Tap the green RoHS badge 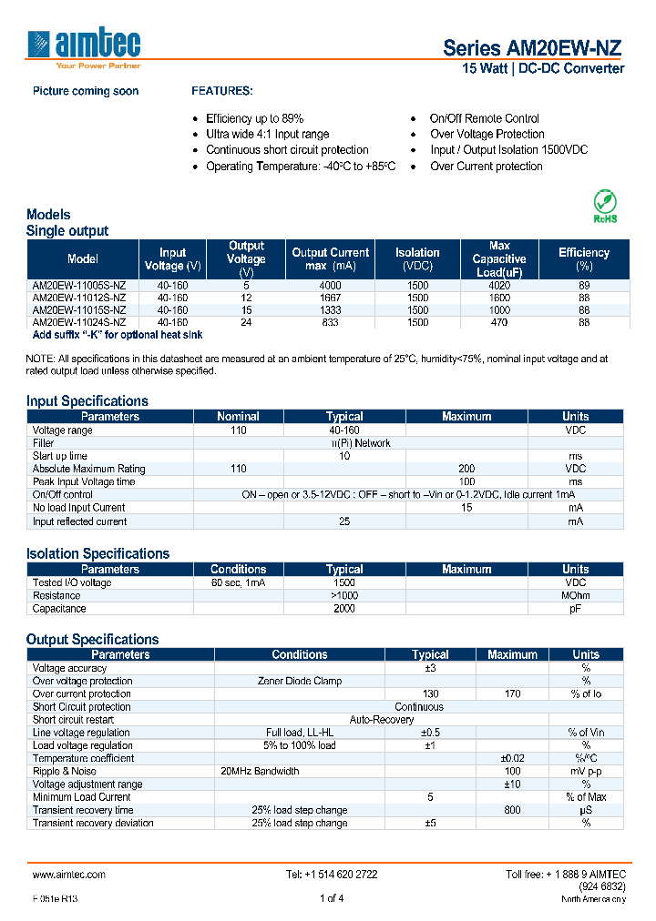(x=605, y=206)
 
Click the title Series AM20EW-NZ (x=533, y=48)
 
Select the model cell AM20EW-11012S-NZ (x=79, y=298)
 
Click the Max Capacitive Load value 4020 (x=499, y=285)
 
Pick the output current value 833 (x=330, y=322)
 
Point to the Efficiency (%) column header (x=583, y=259)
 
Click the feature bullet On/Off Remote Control (x=484, y=118)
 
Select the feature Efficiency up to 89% (x=254, y=118)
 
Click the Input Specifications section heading (x=87, y=400)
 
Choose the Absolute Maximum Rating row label (x=88, y=469)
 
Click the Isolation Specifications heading (x=97, y=553)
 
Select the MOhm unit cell (x=575, y=595)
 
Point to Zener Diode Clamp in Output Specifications (x=299, y=681)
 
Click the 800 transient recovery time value (x=512, y=810)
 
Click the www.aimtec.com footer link (x=69, y=874)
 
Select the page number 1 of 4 (x=331, y=899)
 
